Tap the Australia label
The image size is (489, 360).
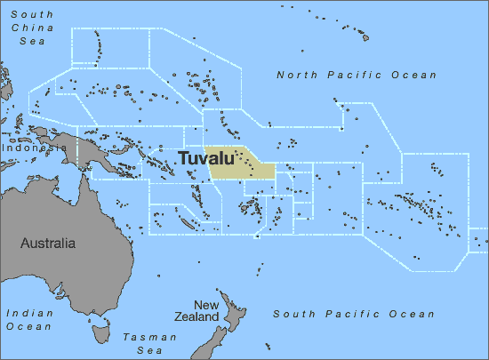pos(48,243)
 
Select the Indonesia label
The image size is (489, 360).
pos(28,148)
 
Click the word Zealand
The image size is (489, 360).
pos(196,316)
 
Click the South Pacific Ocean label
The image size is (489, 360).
pos(354,314)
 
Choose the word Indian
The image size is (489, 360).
pos(28,313)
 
